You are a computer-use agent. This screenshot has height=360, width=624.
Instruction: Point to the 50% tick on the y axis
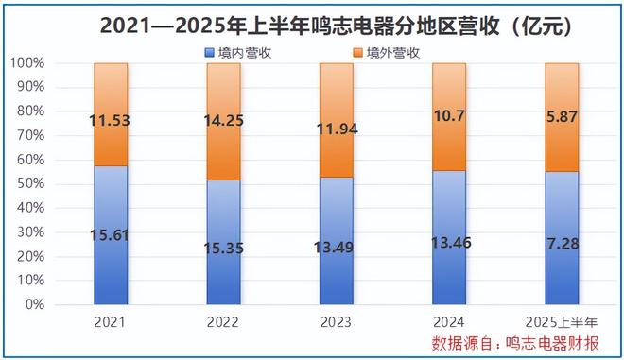(x=28, y=184)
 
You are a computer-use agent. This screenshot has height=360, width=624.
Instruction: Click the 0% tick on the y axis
(x=32, y=305)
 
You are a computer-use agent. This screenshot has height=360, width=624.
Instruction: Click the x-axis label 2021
(x=111, y=321)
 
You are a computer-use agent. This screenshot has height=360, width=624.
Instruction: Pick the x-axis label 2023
(x=336, y=321)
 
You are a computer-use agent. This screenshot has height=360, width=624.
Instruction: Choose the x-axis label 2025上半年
(x=562, y=321)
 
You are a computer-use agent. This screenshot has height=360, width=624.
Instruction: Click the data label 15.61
(x=111, y=237)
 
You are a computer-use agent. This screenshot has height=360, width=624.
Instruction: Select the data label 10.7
(x=449, y=117)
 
